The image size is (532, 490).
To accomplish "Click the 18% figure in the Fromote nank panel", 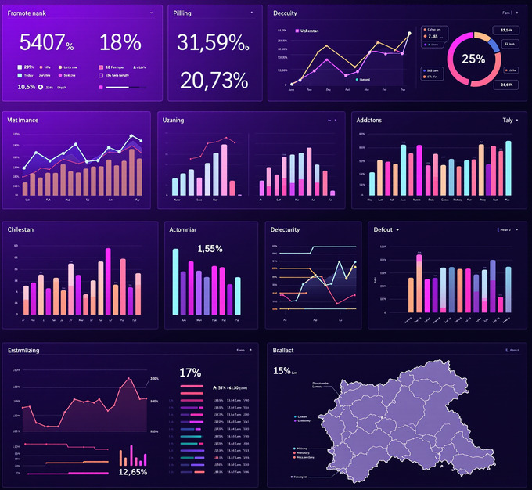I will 120,42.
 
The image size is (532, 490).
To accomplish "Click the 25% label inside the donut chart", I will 473,59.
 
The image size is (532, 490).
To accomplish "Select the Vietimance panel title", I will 23,120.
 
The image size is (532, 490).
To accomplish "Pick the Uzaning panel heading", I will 173,120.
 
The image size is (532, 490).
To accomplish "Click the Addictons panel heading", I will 369,120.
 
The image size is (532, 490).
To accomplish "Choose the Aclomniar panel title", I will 186,229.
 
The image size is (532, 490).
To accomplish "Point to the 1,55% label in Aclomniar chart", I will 210,248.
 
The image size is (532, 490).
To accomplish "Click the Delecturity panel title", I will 285,229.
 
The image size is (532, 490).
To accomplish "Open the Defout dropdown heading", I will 386,229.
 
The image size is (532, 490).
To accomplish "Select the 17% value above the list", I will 190,373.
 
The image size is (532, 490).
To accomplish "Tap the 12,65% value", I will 133,472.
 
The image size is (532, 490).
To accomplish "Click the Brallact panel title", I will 283,350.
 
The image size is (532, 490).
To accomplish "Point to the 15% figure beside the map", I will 282,370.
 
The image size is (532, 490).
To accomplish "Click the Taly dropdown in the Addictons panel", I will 509,120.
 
